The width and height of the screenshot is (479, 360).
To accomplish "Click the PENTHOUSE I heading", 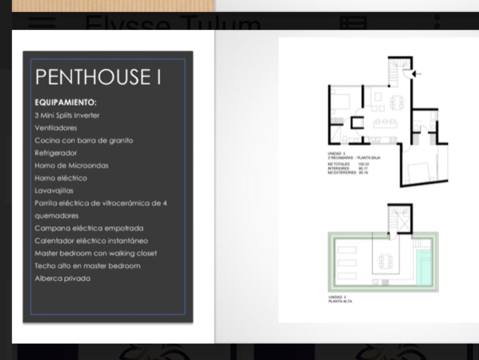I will point(98,77).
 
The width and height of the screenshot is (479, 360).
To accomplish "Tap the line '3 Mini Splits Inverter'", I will point(67,116).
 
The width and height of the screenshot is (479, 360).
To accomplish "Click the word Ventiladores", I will point(56,128).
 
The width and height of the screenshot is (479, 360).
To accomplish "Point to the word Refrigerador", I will point(56,153).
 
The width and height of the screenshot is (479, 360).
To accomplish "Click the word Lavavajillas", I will point(54,191).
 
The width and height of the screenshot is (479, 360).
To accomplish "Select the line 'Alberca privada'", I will point(62,278).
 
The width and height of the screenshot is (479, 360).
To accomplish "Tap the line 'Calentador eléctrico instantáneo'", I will point(91,241).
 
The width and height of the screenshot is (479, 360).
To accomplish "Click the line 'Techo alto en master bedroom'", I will point(88,266).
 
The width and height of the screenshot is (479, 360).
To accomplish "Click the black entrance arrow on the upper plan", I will point(417,74).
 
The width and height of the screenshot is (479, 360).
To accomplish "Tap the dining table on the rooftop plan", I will point(386,261).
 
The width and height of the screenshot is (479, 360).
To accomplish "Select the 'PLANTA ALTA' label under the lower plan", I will point(340,302).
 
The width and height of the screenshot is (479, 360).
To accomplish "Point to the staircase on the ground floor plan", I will point(397,71).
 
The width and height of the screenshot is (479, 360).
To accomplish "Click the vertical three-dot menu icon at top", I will point(437,22).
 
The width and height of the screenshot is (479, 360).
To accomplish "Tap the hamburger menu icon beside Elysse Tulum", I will point(42,22).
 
